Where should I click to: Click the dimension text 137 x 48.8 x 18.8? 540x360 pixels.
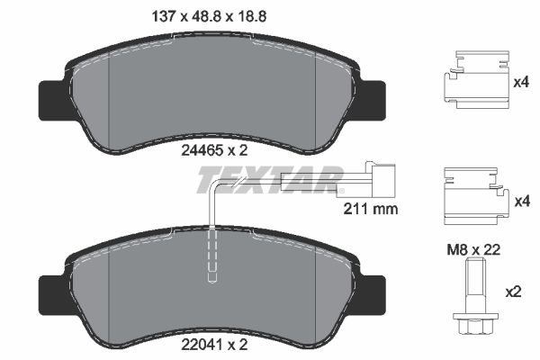coord(200,14)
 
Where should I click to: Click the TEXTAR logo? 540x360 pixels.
coord(269,181)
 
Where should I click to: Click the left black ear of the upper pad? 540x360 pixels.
coord(51,99)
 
